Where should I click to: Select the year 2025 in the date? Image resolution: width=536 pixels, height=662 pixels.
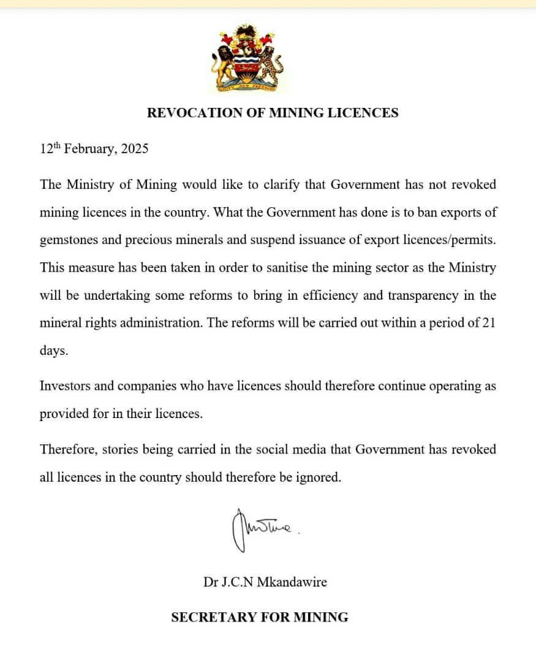pos(134,149)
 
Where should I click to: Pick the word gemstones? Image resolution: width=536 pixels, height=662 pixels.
pos(69,240)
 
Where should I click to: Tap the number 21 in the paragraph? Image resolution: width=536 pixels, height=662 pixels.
pos(488,324)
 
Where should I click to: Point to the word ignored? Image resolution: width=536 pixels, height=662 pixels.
pos(318,477)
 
